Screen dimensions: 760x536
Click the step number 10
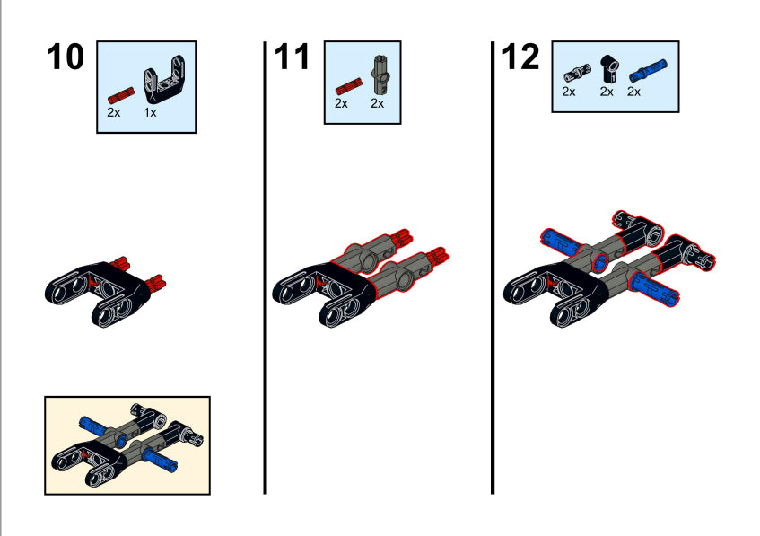pyautogui.click(x=66, y=57)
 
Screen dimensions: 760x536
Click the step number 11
pyautogui.click(x=292, y=57)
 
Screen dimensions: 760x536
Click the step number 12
pyautogui.click(x=520, y=57)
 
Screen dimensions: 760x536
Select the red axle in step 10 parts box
pyautogui.click(x=121, y=95)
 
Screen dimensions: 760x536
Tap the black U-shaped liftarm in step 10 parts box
pyautogui.click(x=164, y=80)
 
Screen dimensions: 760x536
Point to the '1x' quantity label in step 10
pyautogui.click(x=150, y=112)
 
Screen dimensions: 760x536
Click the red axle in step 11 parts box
pyautogui.click(x=348, y=86)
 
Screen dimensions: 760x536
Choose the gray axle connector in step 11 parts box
pyautogui.click(x=381, y=75)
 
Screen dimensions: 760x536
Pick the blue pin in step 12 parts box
pyautogui.click(x=648, y=71)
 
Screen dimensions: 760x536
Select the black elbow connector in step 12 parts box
pyautogui.click(x=609, y=69)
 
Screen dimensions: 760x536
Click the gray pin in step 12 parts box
pyautogui.click(x=577, y=74)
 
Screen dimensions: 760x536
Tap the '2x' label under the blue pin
pyautogui.click(x=633, y=92)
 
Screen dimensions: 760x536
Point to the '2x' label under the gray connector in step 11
pyautogui.click(x=377, y=103)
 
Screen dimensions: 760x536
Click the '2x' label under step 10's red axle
pyautogui.click(x=113, y=112)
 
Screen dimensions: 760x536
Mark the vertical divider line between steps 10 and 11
pyautogui.click(x=265, y=268)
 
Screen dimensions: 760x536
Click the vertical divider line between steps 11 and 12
pyautogui.click(x=493, y=268)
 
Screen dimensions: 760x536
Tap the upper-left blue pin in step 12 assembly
pyautogui.click(x=561, y=242)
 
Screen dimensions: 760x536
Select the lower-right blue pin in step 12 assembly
pyautogui.click(x=653, y=290)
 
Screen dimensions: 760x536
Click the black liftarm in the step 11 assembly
pyautogui.click(x=324, y=294)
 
